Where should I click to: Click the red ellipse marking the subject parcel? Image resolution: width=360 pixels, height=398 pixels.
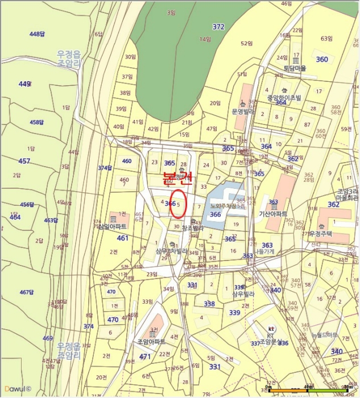pos(178,206)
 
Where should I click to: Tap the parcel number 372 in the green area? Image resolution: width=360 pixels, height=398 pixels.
pos(218,27)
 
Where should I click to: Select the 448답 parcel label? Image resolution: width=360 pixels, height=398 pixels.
pos(37,34)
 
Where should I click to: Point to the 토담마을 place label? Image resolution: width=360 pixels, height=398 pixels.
pos(295,68)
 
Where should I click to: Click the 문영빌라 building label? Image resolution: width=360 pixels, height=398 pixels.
pos(245,111)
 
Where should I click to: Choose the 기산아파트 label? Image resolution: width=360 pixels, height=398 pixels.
pos(272,213)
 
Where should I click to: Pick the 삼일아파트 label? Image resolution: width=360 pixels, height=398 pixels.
pos(111,226)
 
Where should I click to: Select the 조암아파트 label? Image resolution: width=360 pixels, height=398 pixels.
pos(151,342)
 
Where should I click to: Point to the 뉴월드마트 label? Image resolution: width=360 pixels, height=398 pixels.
pos(324,335)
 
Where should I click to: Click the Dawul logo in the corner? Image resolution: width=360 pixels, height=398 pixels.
pos(16,389)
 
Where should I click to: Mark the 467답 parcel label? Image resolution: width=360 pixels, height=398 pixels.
pos(27,292)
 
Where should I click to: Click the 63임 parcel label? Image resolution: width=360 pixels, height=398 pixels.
pos(326,39)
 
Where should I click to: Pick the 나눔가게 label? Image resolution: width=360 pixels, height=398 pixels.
pos(265,251)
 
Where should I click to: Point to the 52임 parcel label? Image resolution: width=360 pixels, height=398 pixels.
pos(246,43)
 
